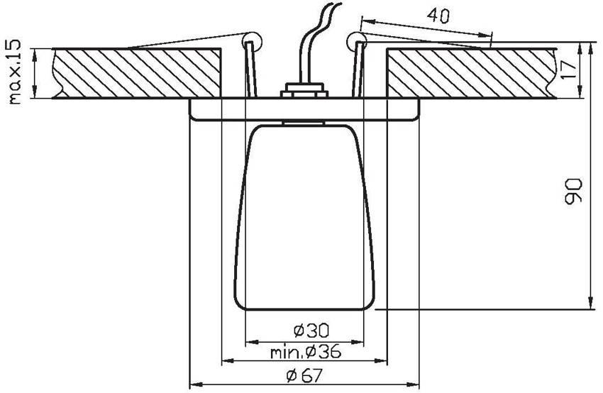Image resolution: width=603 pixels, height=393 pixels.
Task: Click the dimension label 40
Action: pyautogui.click(x=438, y=16)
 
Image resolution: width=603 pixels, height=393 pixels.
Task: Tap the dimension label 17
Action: pyautogui.click(x=568, y=70)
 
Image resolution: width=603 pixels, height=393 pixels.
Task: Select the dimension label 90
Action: pyautogui.click(x=573, y=191)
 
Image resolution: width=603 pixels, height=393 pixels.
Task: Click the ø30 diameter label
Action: pyautogui.click(x=311, y=330)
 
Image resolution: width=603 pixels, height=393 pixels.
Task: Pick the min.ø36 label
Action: pyautogui.click(x=306, y=351)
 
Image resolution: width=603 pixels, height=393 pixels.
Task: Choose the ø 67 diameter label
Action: pyautogui.click(x=304, y=376)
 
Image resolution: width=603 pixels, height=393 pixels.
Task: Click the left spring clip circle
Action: pyautogui.click(x=252, y=39)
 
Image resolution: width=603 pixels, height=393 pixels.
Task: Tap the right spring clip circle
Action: pyautogui.click(x=357, y=40)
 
